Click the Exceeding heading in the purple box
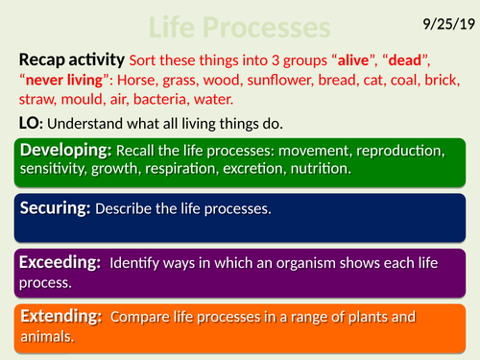(x=60, y=262)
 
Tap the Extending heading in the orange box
(x=60, y=315)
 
